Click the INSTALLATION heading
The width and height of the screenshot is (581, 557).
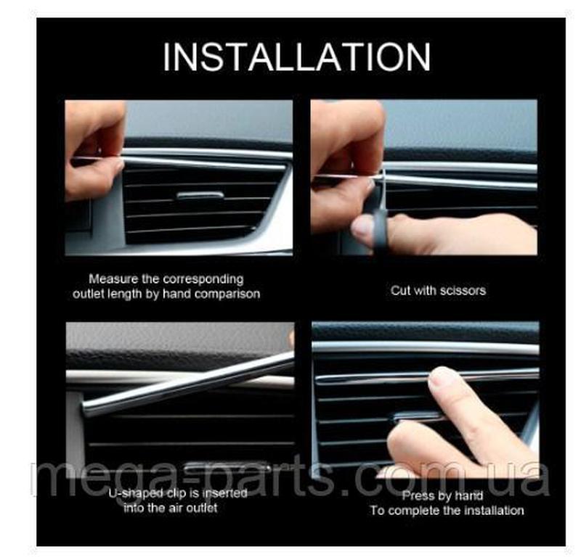pos(297,57)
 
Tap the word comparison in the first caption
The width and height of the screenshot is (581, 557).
pos(227,294)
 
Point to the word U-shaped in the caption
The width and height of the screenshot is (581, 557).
pos(136,494)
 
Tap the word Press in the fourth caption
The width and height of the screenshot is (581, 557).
pos(415,495)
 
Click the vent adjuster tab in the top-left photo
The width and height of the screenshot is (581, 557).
pos(200,195)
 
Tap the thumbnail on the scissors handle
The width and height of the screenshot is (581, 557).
pos(361,227)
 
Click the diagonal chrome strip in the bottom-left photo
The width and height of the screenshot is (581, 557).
pos(188,384)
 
